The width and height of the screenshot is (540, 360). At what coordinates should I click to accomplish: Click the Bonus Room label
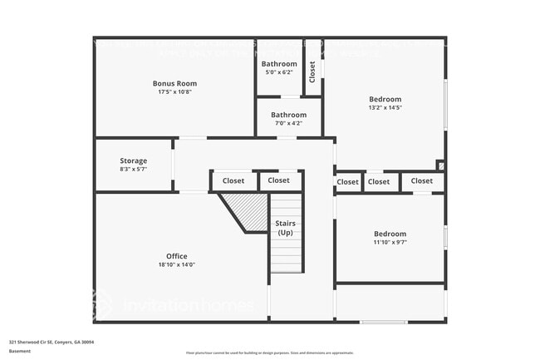[174, 83]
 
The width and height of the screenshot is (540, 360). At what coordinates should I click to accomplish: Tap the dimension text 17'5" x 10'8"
[174, 92]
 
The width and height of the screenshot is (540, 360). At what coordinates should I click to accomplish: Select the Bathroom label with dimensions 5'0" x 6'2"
[279, 64]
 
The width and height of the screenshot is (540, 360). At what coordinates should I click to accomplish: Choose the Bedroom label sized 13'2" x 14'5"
[385, 99]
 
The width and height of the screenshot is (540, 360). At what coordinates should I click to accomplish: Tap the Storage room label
[133, 160]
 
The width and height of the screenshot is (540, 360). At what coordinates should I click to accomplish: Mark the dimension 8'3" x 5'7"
[133, 170]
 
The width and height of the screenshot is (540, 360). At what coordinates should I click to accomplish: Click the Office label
[176, 256]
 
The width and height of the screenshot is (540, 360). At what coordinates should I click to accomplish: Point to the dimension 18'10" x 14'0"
[176, 265]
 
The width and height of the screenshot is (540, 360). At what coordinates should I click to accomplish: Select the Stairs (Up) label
[285, 228]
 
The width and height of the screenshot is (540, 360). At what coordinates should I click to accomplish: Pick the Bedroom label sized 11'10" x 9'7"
[390, 234]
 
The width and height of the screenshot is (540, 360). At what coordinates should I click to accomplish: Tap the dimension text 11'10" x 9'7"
[390, 243]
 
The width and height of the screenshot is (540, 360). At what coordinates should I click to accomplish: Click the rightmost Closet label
[421, 181]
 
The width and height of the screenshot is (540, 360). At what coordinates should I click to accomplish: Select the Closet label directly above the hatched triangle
[233, 180]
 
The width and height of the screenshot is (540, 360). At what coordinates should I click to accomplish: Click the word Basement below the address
[19, 351]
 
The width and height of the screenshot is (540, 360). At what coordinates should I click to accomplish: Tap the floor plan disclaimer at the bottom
[269, 352]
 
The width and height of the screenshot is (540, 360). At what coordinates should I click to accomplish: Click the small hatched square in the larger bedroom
[440, 166]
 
